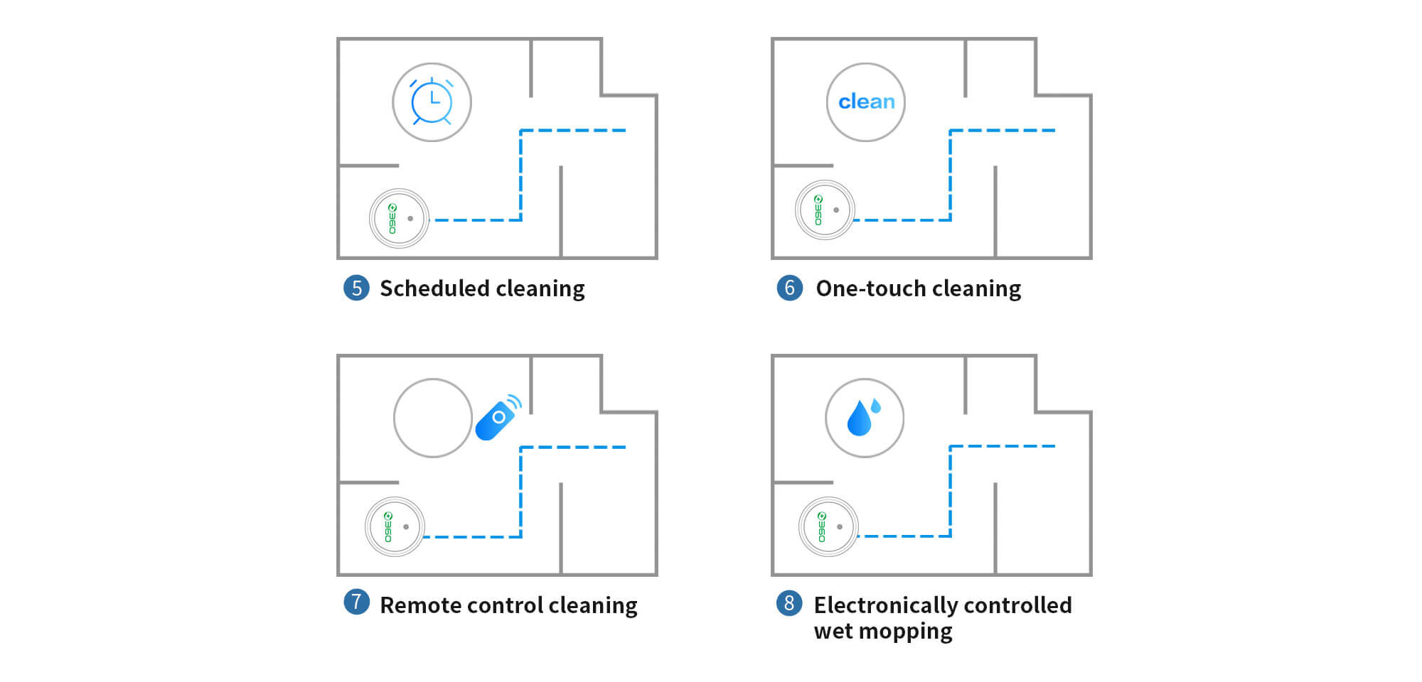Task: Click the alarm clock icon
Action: click(x=432, y=102)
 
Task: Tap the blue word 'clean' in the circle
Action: click(x=866, y=102)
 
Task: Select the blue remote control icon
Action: click(x=498, y=418)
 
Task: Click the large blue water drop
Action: click(x=859, y=418)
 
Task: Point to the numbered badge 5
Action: click(x=356, y=288)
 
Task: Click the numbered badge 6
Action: click(x=789, y=288)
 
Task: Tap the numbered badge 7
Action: click(x=356, y=602)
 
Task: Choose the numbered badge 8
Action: click(x=789, y=603)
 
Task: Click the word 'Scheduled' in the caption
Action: click(x=434, y=288)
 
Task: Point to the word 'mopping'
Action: click(x=914, y=632)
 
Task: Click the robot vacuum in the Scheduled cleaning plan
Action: click(x=399, y=218)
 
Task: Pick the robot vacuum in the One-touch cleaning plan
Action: click(x=825, y=210)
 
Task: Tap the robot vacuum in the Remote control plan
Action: click(x=395, y=526)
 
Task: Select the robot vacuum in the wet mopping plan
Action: click(x=828, y=526)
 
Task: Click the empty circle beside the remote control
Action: click(x=432, y=418)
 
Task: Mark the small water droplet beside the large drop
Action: click(x=876, y=406)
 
